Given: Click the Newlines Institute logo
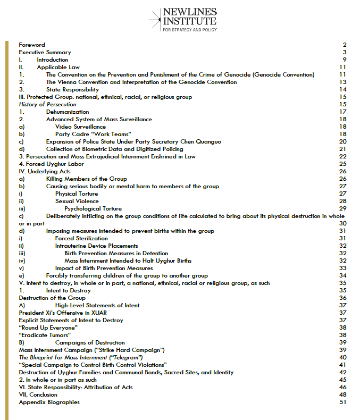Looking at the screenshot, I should click(182, 20).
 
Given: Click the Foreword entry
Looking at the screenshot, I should click(32, 45).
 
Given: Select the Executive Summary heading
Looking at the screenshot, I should click(45, 53).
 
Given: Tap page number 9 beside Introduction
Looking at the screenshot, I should click(345, 60).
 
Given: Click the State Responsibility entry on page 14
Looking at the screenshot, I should click(72, 90).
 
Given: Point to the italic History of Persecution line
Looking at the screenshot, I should click(47, 105).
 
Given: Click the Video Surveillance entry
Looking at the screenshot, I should click(80, 127).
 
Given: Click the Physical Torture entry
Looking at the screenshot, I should click(77, 194).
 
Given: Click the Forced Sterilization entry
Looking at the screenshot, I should click(81, 239).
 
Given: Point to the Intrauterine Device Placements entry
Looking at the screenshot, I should click(96, 246).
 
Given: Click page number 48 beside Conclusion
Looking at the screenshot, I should click(343, 395).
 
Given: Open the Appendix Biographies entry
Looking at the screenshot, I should click(49, 402).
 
